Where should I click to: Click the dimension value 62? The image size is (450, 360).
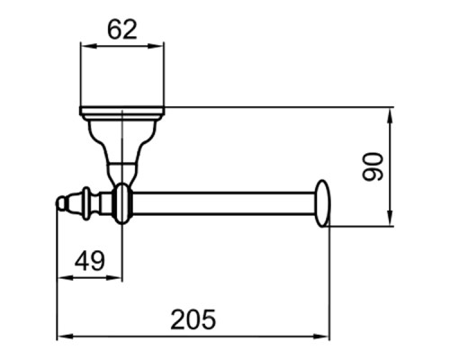coord(121,29)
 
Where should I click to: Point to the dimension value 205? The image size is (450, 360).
coord(193,319)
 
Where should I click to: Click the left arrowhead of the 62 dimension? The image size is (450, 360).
coord(84,45)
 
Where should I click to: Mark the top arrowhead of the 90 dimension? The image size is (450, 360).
coord(390,112)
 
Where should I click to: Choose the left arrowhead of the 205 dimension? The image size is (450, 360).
coord(61,338)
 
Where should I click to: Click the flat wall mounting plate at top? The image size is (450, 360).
coord(121,112)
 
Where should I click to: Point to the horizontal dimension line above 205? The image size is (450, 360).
coord(193,338)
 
